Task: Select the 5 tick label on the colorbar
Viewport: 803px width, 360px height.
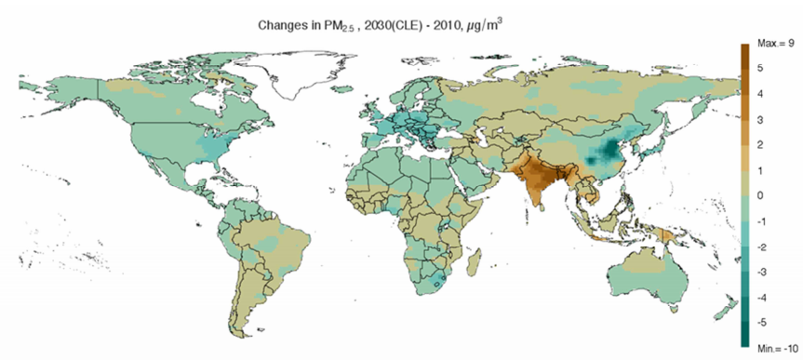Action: pyautogui.click(x=760, y=69)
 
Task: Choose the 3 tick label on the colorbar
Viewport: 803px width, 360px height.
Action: pyautogui.click(x=760, y=119)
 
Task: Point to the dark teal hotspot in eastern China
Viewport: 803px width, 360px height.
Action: pyautogui.click(x=609, y=151)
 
